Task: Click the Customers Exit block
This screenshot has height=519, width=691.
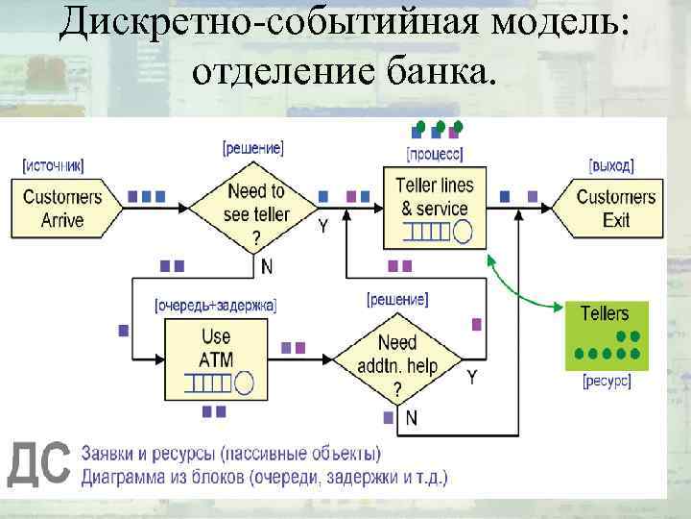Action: (x=614, y=208)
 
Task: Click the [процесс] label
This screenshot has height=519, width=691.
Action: (x=435, y=154)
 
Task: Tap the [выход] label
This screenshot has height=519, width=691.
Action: (x=611, y=165)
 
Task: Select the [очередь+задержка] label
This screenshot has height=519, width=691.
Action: (x=215, y=306)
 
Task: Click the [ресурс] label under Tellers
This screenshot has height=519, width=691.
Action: (x=607, y=382)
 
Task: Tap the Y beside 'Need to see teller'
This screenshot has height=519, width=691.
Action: (x=322, y=226)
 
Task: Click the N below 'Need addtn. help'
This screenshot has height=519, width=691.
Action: (x=411, y=417)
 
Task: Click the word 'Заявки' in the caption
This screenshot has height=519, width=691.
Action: (x=113, y=453)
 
